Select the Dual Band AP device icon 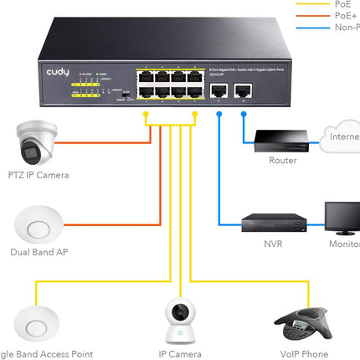[36, 225]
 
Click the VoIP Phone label [303, 354]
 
